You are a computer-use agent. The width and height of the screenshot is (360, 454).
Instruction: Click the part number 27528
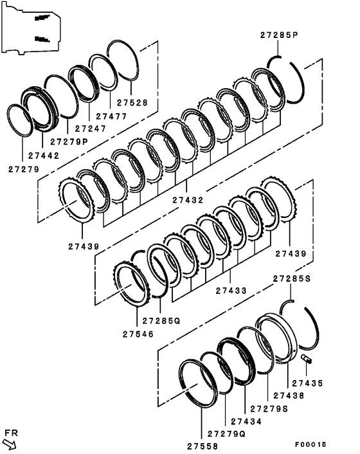pos(132,103)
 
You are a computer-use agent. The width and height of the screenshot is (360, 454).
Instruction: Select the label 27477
pos(111,116)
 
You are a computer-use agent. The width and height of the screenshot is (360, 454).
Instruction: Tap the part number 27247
pos(91,129)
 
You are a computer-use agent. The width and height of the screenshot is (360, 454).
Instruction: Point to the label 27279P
pos(69,142)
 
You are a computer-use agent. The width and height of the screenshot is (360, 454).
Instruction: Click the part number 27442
pos(44,156)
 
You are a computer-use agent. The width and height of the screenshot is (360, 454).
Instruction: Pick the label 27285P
pos(279,35)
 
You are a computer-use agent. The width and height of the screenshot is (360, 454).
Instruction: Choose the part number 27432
pos(188,200)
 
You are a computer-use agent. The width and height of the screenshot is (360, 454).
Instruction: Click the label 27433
pos(231,291)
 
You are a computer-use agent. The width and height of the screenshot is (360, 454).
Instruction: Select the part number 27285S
pos(292,278)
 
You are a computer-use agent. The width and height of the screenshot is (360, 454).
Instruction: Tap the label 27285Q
pos(161,321)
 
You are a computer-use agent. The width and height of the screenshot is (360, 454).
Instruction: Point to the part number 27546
pos(138,334)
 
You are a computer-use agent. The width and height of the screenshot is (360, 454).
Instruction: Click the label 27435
pos(307,383)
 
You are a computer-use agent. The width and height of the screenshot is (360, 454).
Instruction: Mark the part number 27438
pos(289,395)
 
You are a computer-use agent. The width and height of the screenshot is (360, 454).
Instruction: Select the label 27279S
pos(269,409)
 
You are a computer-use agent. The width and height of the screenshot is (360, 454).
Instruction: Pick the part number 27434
pos(246,422)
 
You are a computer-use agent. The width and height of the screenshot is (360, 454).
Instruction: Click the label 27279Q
pos(226,434)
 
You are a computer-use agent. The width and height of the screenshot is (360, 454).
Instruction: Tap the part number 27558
pos(203,446)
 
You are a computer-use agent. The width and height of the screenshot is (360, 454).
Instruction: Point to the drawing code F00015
pos(310,444)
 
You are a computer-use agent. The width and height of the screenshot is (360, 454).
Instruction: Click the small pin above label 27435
pos(306,358)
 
